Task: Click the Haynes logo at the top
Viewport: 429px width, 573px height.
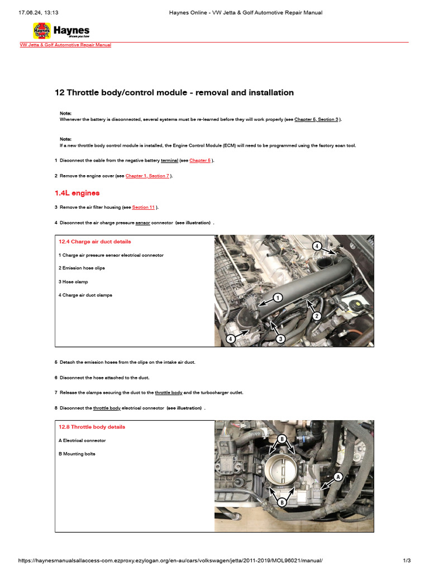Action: coord(61,31)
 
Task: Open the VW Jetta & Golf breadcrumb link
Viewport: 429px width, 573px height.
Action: coord(65,45)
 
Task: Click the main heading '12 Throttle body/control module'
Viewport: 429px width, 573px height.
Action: coord(174,92)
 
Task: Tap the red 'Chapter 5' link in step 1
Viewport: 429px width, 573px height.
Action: coord(200,160)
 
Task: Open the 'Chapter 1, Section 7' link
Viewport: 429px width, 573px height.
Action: coord(147,176)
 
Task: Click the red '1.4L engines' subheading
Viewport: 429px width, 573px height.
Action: coord(77,193)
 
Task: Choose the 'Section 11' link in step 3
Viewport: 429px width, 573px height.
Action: coord(144,207)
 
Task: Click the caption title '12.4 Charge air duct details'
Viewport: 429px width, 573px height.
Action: coord(95,242)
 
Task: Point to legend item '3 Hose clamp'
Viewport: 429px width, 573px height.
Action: coord(73,281)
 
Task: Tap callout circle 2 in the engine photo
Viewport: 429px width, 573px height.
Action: coord(317,316)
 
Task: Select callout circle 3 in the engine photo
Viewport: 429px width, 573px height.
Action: coord(281,339)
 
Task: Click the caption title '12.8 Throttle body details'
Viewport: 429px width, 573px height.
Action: coord(92,427)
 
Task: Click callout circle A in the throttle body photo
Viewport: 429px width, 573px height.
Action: coord(337,477)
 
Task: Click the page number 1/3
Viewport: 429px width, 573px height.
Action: coord(407,560)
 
